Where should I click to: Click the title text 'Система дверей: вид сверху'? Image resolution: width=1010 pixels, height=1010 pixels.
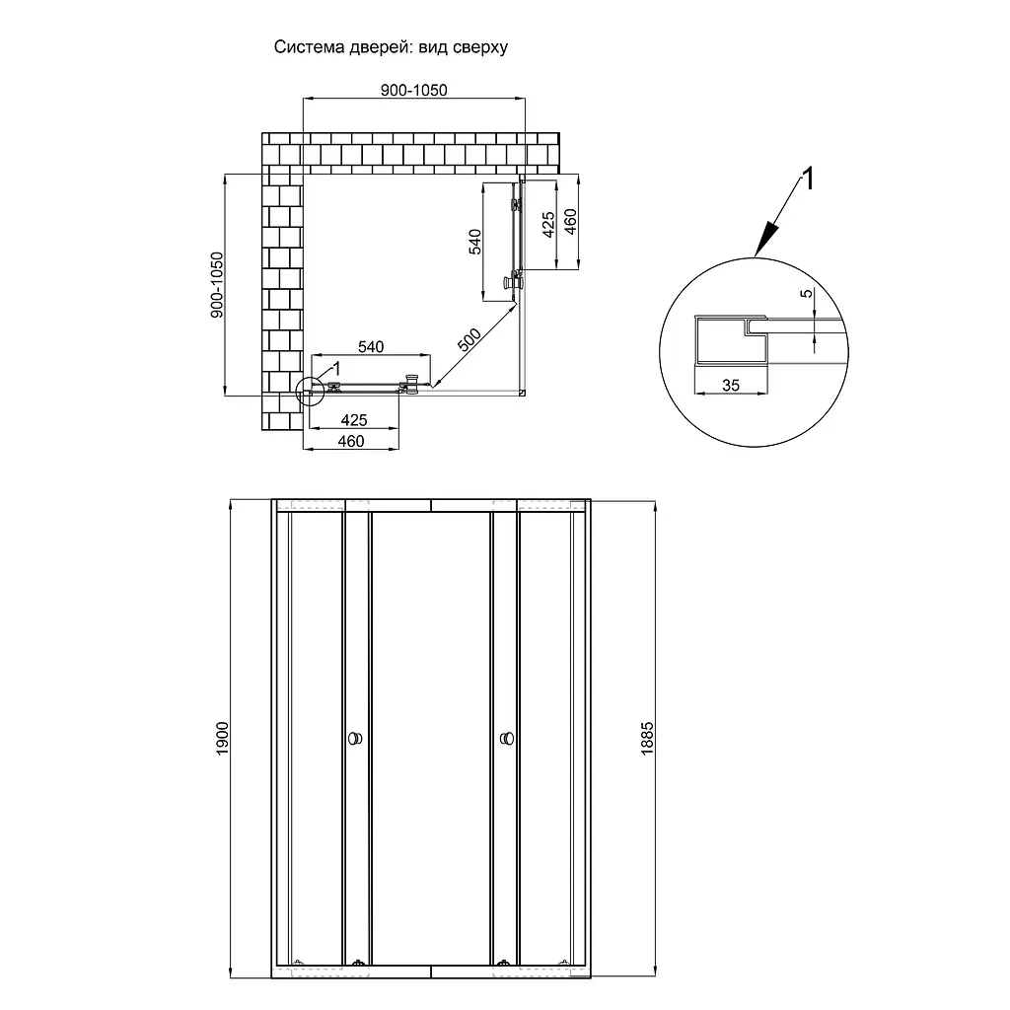click(x=391, y=47)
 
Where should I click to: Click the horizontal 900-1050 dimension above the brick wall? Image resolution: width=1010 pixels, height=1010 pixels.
click(x=413, y=90)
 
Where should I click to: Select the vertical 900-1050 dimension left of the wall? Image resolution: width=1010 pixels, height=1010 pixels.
click(x=217, y=285)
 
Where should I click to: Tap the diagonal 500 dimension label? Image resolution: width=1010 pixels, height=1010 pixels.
click(x=469, y=339)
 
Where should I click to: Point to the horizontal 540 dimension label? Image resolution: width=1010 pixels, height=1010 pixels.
click(x=371, y=347)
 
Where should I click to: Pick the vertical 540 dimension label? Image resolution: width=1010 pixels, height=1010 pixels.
click(x=474, y=242)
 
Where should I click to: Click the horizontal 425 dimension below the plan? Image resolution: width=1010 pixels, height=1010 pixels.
click(x=354, y=420)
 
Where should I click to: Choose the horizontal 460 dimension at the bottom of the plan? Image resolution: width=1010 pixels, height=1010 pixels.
click(x=351, y=441)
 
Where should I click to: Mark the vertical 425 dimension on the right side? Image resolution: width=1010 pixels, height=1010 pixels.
click(x=548, y=224)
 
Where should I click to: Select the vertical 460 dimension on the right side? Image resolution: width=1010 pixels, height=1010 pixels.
click(x=570, y=222)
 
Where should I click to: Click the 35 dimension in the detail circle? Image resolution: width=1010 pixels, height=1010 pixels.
click(x=731, y=386)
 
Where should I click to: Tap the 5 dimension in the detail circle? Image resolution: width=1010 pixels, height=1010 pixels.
click(x=807, y=293)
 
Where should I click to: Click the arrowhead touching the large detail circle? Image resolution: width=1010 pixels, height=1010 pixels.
click(x=765, y=241)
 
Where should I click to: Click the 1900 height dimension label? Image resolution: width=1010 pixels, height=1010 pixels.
click(x=222, y=739)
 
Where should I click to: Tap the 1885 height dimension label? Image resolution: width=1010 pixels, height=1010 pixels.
click(x=647, y=739)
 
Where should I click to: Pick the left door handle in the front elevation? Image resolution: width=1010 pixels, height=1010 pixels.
click(x=355, y=738)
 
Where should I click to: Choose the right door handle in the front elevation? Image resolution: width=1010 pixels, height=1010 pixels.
click(x=507, y=738)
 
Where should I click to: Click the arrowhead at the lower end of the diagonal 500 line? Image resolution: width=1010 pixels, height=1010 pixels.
click(x=436, y=384)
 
